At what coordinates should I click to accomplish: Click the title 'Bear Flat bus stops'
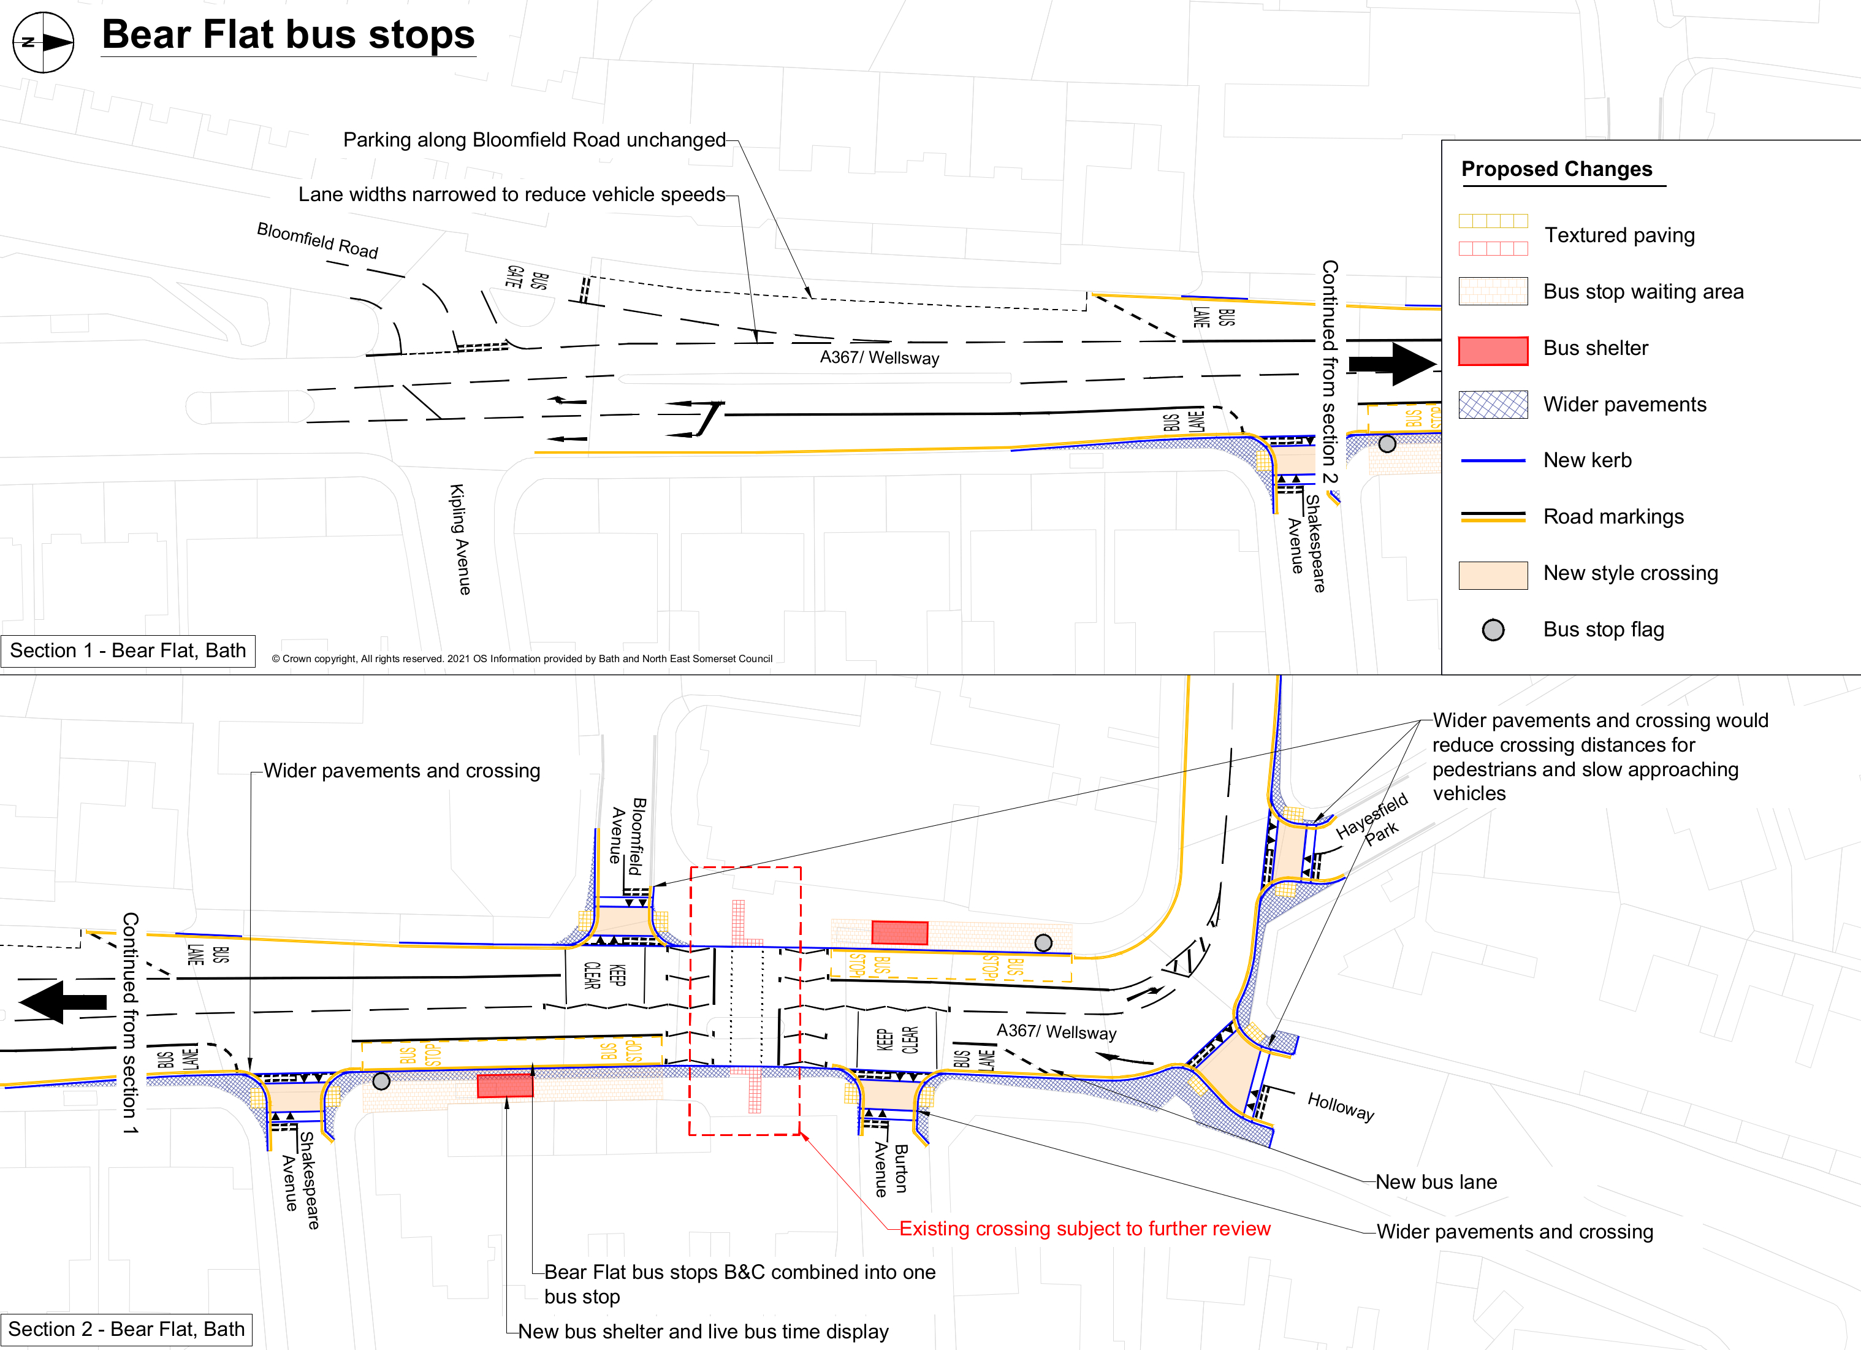(x=288, y=36)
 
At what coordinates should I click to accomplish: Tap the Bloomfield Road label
(x=318, y=240)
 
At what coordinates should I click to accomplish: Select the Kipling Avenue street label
(x=460, y=538)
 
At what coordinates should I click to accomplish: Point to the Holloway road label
(x=1340, y=1106)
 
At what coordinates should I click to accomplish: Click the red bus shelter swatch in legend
(x=1493, y=351)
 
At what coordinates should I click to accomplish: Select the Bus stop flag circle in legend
(x=1493, y=630)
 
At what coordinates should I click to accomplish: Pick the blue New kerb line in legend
(x=1493, y=461)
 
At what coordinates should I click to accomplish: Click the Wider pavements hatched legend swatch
(x=1493, y=405)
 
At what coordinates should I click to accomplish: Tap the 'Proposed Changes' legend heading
(x=1556, y=169)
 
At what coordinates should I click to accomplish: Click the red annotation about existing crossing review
(x=1084, y=1229)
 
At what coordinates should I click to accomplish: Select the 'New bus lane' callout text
(x=1436, y=1182)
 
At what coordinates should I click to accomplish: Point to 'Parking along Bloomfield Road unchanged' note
(x=534, y=140)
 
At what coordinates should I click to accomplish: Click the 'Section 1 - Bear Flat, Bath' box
(x=128, y=651)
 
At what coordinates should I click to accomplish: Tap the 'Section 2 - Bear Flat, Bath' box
(x=126, y=1330)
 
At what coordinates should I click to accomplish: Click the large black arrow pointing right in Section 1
(x=1393, y=364)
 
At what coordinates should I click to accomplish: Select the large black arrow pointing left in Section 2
(x=63, y=1001)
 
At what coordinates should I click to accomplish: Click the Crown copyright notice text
(x=522, y=659)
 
